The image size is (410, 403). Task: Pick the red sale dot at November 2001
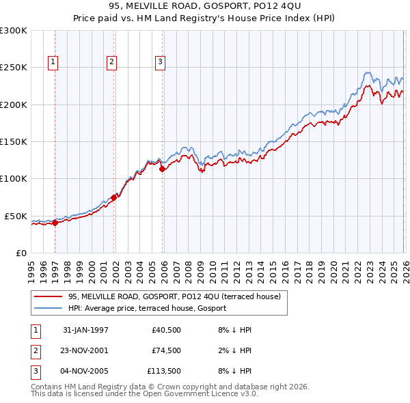point(113,197)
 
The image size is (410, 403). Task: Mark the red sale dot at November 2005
point(162,169)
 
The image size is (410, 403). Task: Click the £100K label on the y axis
point(14,178)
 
